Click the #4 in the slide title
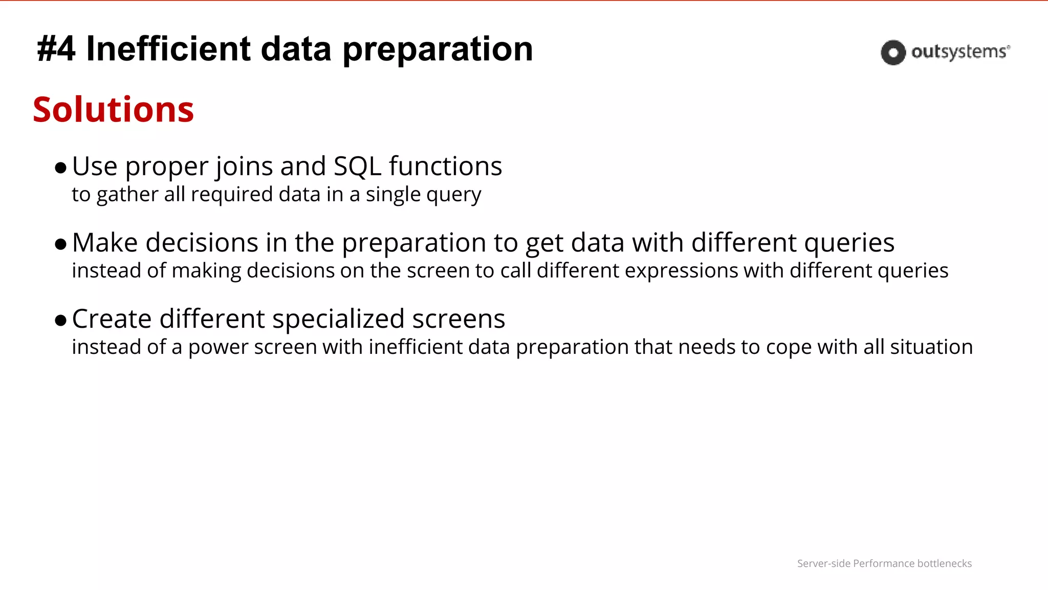tap(56, 49)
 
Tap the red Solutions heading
tap(113, 110)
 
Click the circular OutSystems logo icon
tap(893, 52)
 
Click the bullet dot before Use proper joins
tap(60, 168)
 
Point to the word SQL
tap(357, 166)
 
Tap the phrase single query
tap(423, 195)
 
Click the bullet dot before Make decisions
tap(60, 244)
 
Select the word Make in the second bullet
tap(104, 243)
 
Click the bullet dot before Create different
tap(60, 321)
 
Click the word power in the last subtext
tap(218, 347)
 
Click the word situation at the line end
tap(931, 347)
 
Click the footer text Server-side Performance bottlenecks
tap(884, 563)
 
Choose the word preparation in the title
tap(438, 49)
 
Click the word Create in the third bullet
tap(112, 319)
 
